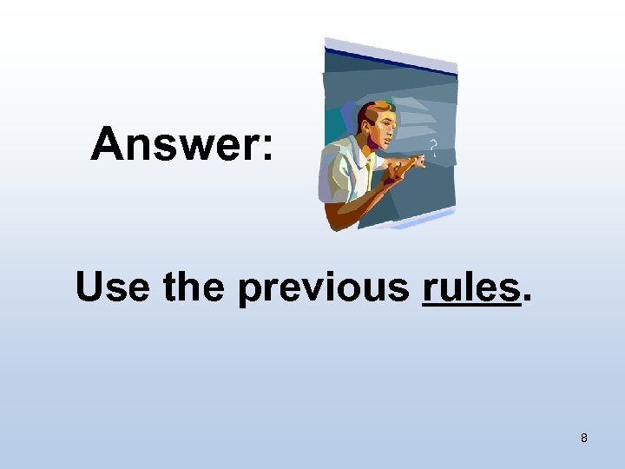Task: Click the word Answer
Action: (x=174, y=144)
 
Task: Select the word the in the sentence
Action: (x=195, y=287)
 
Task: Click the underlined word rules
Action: (x=469, y=287)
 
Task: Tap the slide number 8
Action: (x=583, y=438)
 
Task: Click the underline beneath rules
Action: (x=469, y=306)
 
